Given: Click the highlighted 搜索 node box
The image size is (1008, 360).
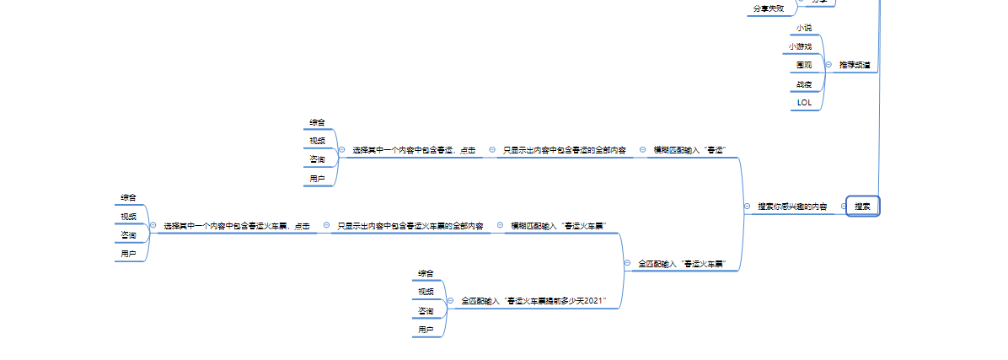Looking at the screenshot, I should pos(862,206).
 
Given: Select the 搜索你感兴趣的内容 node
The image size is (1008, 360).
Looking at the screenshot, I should pos(791,206).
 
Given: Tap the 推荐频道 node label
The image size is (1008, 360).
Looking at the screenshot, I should pos(855,64).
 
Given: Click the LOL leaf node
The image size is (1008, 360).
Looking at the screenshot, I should pos(804,102).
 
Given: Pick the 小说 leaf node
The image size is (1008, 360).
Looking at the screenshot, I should pos(804,27).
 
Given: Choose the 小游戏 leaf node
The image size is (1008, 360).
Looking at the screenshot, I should pos(800,46).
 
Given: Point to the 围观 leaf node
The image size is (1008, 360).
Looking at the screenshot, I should pos(804,64).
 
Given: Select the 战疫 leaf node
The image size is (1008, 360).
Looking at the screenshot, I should pos(804,83).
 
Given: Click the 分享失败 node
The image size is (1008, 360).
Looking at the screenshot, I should pos(769,8).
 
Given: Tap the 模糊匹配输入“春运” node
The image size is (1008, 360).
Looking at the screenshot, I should pos(689,149).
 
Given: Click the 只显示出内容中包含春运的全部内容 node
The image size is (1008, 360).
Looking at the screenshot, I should pos(564,149).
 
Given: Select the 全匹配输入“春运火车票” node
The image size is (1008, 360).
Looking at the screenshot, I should pos(681,263).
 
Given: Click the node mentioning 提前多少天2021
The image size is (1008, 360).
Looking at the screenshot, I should pos(533,300).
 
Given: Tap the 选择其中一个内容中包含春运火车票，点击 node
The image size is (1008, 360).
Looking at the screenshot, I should pos(236,225).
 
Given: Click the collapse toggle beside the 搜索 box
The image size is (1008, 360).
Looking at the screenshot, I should pos(842,206).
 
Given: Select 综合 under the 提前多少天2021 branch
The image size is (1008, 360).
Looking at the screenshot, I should pos(426,272).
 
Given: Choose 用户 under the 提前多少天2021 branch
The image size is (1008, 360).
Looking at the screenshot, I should pos(426,329).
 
